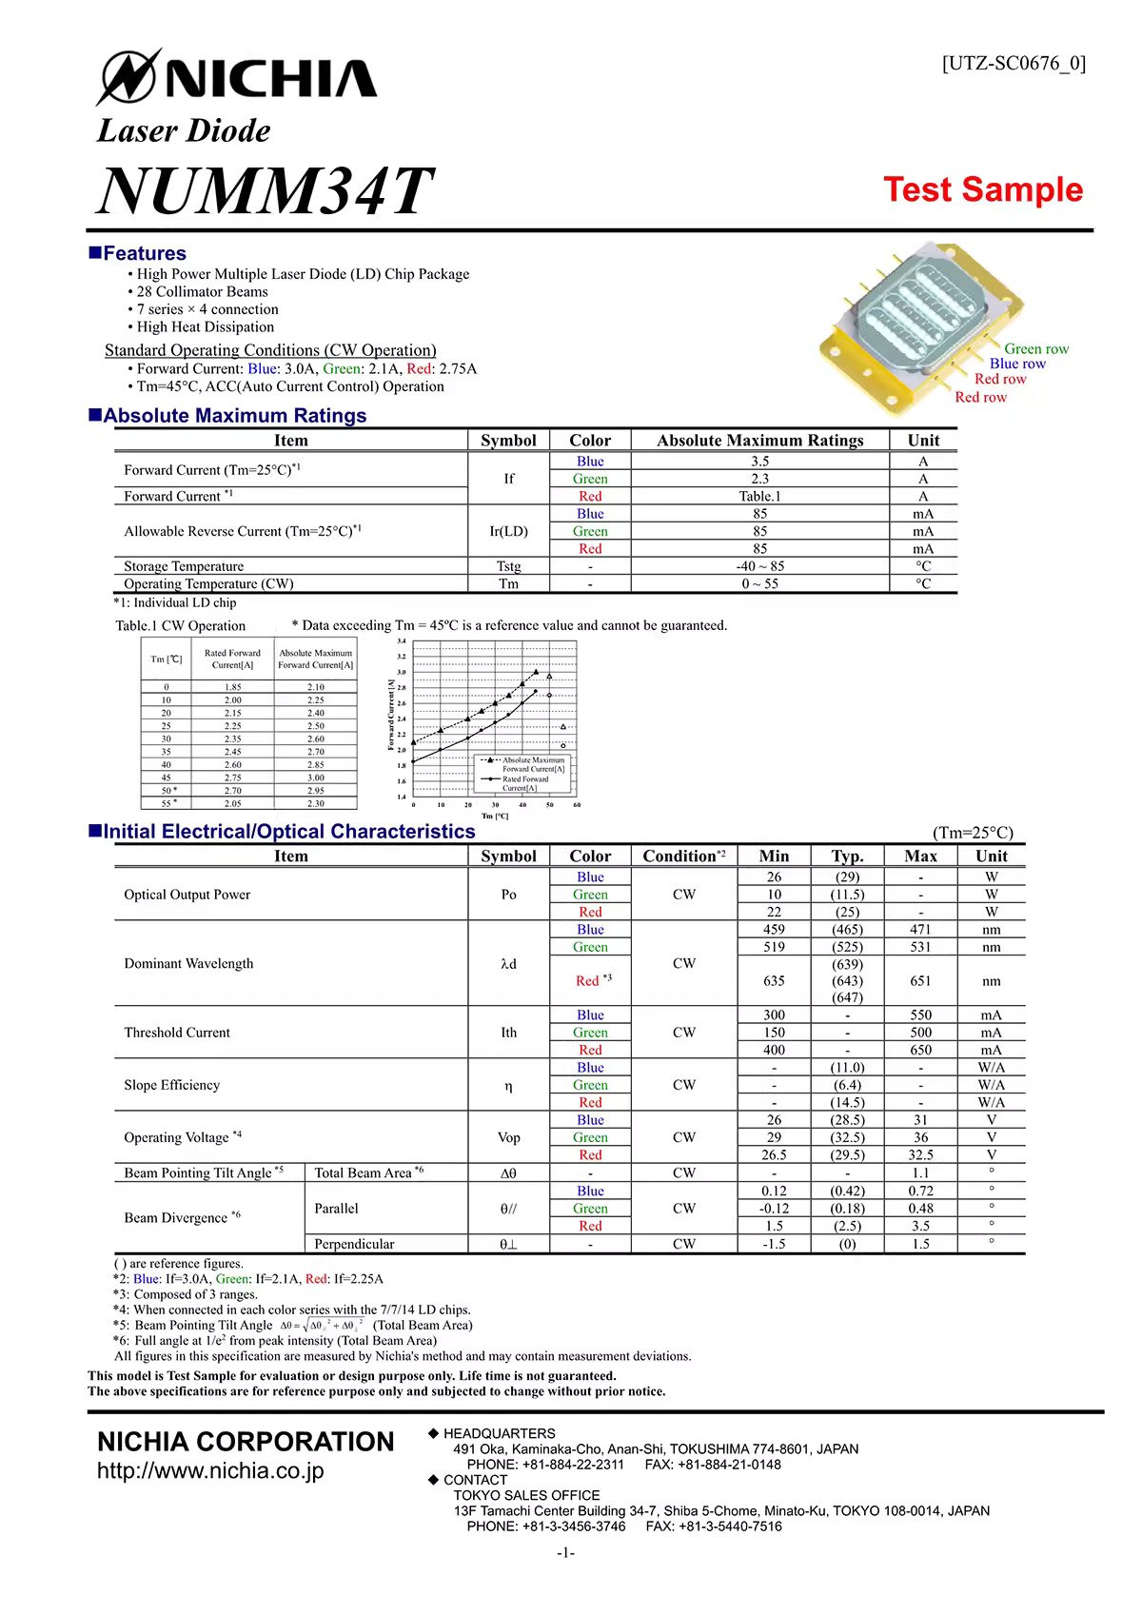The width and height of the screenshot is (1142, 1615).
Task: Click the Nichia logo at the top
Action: pos(238,77)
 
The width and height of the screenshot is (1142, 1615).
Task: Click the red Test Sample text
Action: pos(983,189)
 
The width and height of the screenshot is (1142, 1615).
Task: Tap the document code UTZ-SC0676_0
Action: pos(1014,64)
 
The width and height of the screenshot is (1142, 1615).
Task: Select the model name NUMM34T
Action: pos(266,190)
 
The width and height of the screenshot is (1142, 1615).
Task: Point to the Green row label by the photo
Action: pos(1036,349)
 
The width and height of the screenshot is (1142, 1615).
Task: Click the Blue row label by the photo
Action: pos(1017,364)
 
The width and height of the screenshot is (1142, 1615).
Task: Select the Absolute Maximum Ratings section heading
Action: pos(234,416)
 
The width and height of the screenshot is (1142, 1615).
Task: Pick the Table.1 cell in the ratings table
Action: pos(759,496)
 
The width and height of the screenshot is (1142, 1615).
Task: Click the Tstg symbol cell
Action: pos(508,566)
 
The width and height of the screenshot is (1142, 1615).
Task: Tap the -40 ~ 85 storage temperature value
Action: pos(759,566)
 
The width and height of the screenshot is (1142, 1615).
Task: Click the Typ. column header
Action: pos(847,856)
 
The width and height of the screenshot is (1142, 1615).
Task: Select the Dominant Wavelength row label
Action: pos(188,963)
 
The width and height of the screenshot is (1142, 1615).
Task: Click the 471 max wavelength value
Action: pos(920,929)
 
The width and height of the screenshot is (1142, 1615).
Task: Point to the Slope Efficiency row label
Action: pos(171,1085)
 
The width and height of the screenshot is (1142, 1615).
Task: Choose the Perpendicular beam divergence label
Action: pos(354,1244)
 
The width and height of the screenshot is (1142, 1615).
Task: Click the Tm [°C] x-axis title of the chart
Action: pos(495,816)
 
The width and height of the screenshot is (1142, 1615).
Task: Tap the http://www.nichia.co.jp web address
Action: pos(210,1470)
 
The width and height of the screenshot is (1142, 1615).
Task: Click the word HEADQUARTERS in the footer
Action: pos(499,1433)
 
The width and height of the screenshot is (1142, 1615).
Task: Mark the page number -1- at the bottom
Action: pos(566,1553)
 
